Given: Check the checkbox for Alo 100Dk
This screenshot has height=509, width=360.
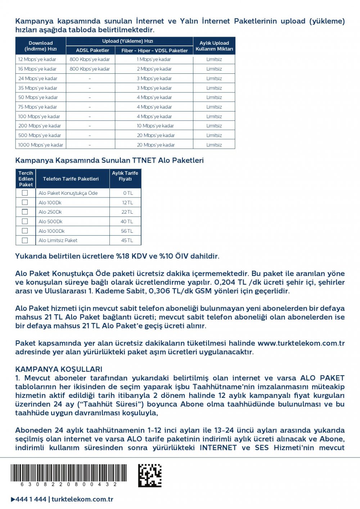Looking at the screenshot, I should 25,203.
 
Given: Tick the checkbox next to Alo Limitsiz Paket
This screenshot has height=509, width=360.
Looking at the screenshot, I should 25,240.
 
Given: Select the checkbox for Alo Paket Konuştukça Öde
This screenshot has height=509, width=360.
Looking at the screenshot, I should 25,193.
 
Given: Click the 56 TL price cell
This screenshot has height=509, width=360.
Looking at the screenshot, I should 127,231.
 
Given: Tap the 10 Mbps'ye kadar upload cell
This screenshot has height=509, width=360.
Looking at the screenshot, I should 155,126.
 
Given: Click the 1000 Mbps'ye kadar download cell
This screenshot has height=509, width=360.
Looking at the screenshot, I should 41,145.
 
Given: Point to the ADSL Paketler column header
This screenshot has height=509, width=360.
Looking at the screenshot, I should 93,50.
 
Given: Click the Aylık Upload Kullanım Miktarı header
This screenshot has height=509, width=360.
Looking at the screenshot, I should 214,46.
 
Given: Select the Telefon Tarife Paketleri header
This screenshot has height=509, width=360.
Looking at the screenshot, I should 71,179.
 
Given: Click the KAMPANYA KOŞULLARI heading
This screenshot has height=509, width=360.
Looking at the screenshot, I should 59,369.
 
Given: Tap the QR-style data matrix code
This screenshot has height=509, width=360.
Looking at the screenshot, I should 150,476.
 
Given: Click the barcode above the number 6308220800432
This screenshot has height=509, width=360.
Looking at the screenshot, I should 68,473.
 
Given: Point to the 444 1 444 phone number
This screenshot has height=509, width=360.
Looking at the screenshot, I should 31,499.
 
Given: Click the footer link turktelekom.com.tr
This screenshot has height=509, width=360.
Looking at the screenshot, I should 82,499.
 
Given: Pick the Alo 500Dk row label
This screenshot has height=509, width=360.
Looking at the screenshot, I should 51,222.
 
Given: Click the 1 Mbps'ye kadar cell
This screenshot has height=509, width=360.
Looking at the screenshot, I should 154,59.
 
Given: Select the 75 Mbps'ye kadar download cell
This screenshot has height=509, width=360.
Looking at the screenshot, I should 37,107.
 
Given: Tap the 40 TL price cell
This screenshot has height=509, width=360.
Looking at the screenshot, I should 127,222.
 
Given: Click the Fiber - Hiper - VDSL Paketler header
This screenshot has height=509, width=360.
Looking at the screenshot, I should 154,50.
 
